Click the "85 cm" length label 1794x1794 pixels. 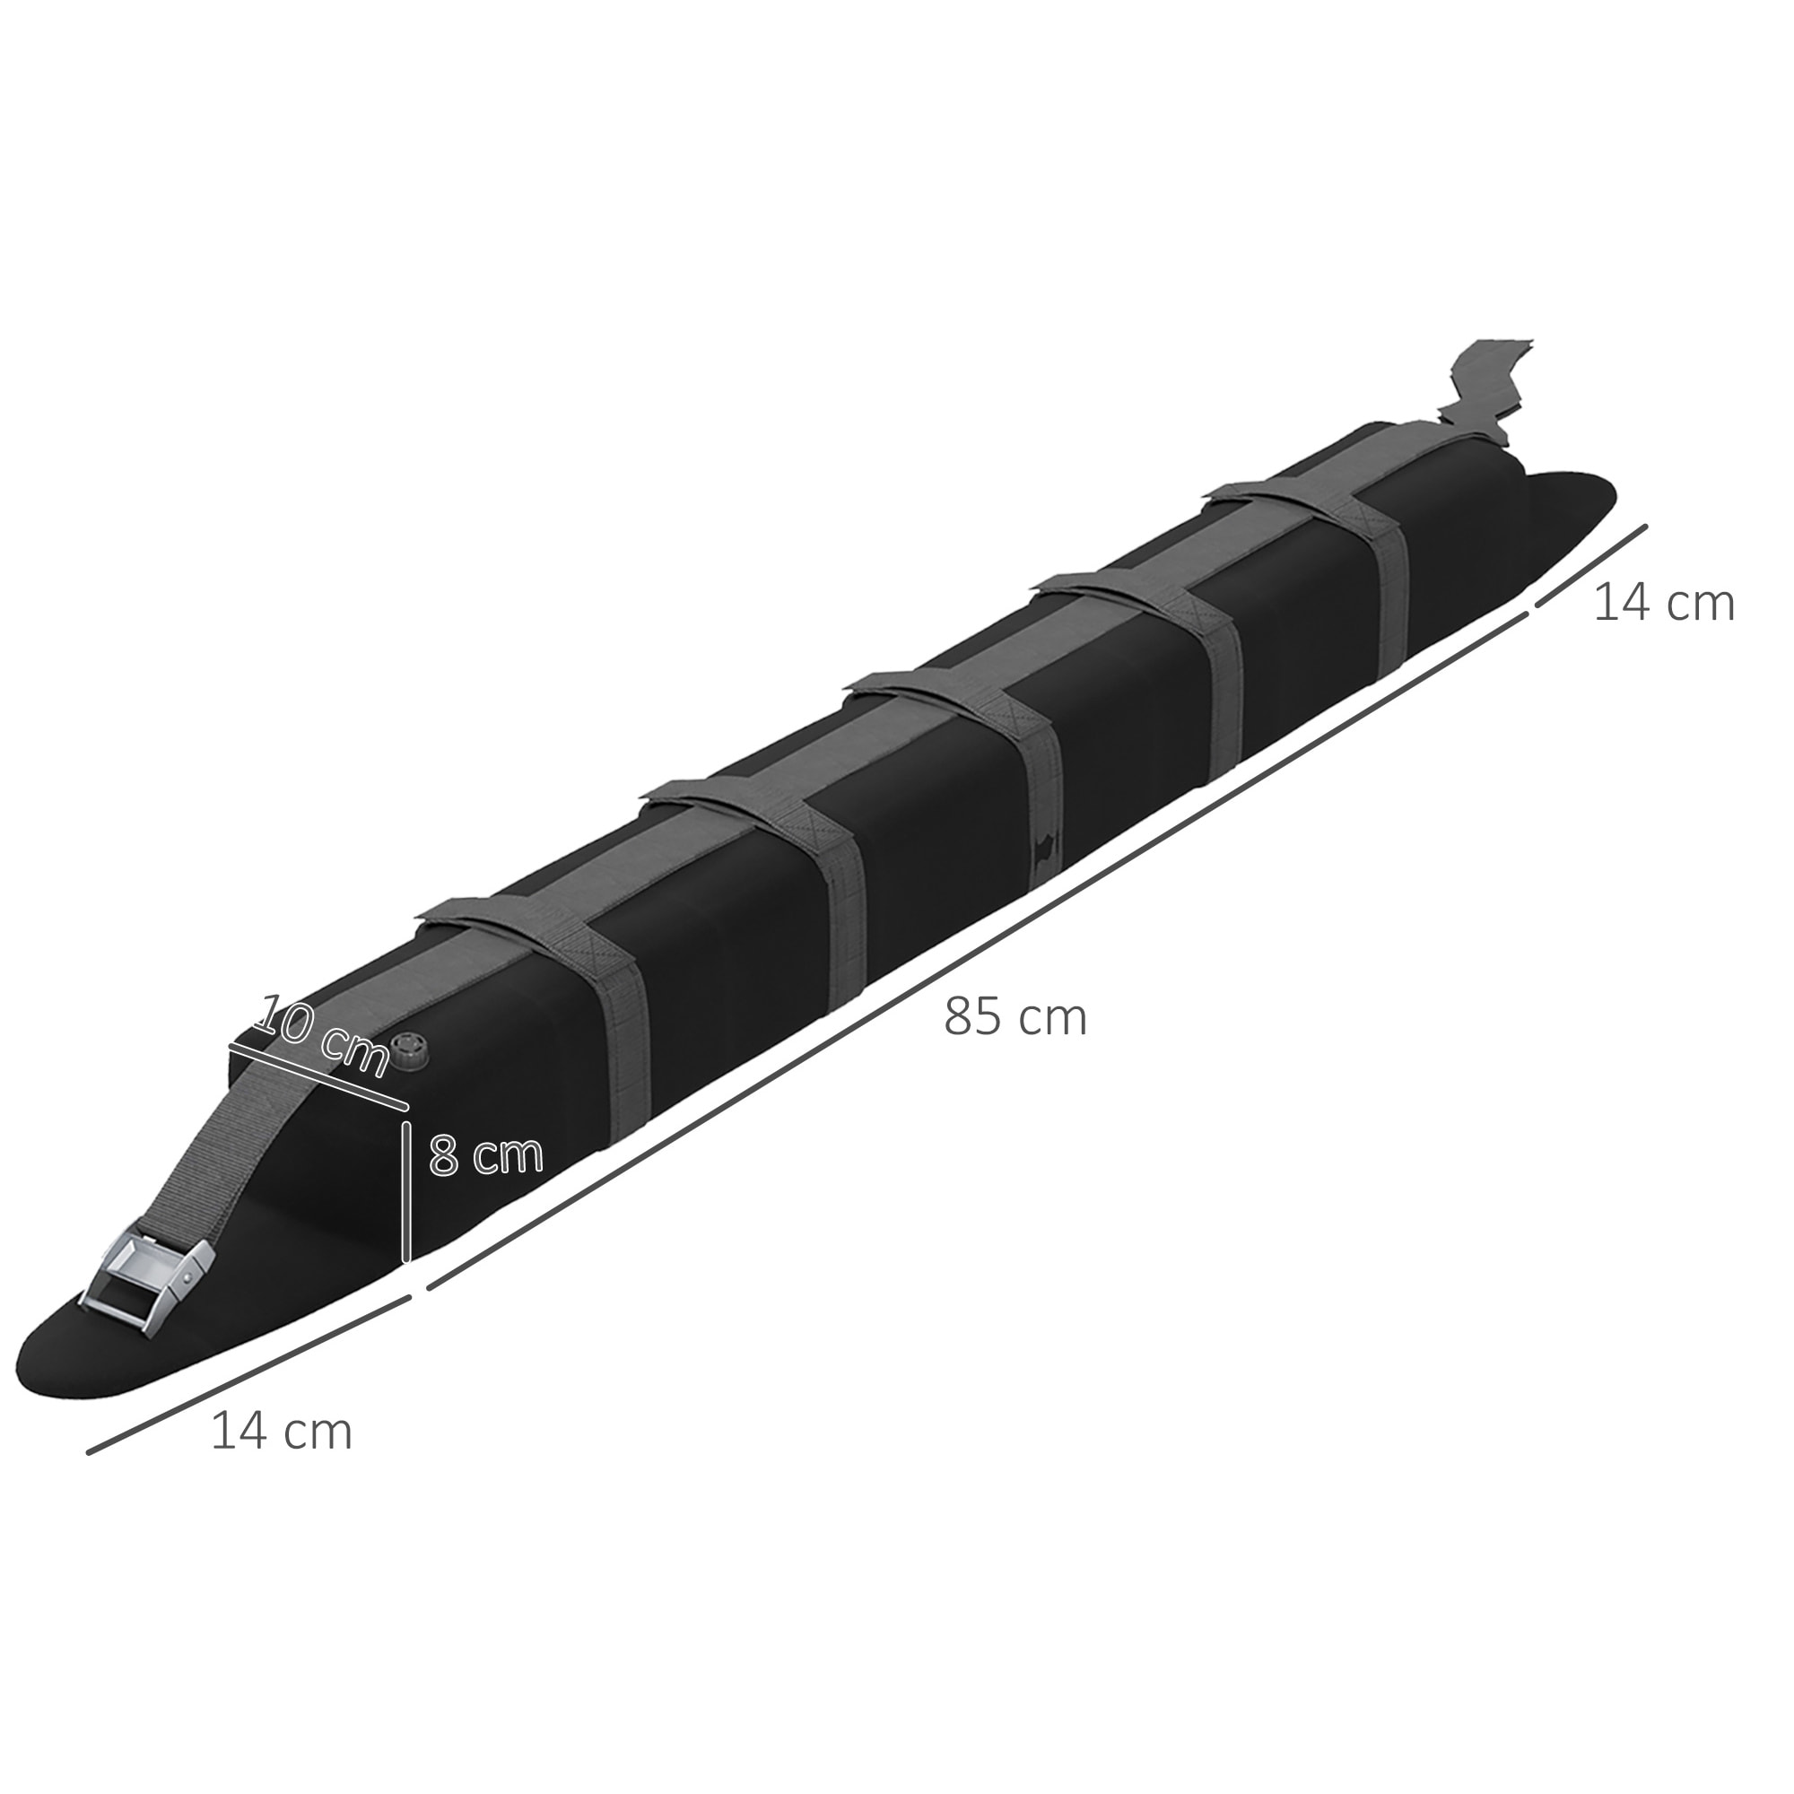[x=1014, y=1018]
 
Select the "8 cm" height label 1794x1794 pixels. [x=485, y=1155]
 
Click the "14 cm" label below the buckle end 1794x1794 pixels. [x=282, y=1431]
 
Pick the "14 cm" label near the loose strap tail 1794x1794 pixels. [x=1663, y=604]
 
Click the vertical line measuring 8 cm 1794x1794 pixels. [x=405, y=1193]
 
